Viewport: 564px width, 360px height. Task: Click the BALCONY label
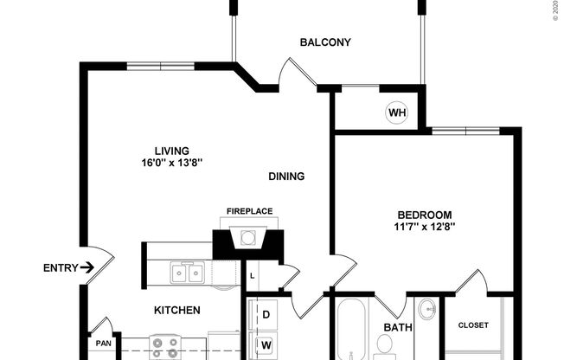324,42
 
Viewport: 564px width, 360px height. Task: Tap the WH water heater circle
396,112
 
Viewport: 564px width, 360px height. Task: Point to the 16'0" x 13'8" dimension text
171,163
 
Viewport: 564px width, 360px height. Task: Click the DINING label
285,177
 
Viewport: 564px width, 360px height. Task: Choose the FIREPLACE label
249,211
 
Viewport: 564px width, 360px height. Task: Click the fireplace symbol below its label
249,237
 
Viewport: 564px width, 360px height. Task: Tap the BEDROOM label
425,215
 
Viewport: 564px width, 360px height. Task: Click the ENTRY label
61,268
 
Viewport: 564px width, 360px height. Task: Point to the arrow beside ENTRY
87,268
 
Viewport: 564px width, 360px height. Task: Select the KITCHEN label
177,310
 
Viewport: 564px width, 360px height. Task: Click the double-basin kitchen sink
188,273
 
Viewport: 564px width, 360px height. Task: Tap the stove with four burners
164,348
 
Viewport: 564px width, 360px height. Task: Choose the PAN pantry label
103,344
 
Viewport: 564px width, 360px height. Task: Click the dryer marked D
266,314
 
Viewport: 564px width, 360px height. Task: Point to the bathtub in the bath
353,333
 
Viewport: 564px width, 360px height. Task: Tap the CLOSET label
472,325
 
